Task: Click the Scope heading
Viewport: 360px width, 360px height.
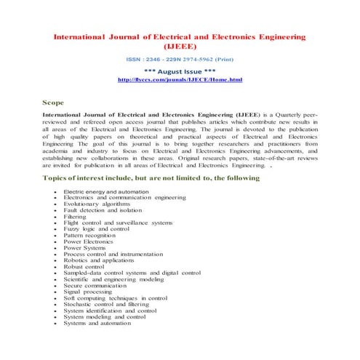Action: [x=56, y=104]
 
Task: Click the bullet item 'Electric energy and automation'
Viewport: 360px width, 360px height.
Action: [x=106, y=191]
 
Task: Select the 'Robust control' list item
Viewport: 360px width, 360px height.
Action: [x=84, y=267]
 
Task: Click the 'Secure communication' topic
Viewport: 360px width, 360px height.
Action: [x=95, y=286]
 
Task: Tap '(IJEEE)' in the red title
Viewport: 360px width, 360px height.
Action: [x=180, y=45]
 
